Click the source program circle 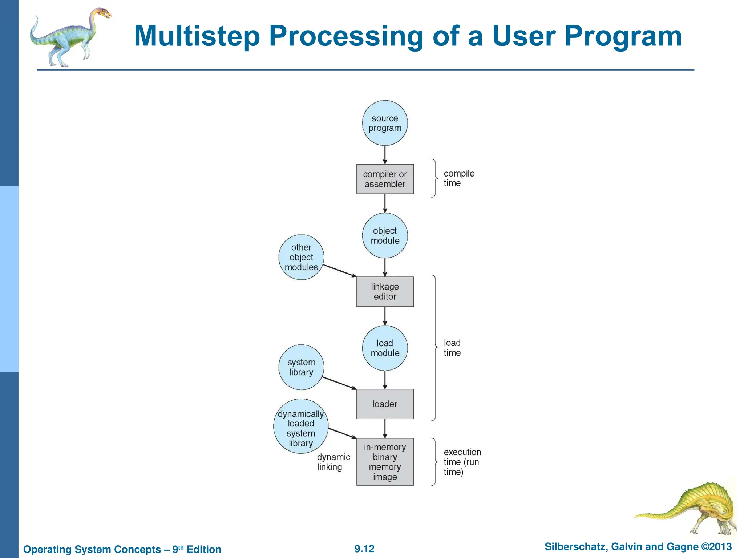[x=385, y=123]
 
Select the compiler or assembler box [x=385, y=179]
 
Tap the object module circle [x=385, y=235]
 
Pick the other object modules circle [x=301, y=257]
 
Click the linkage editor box [x=385, y=292]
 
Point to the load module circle [x=385, y=348]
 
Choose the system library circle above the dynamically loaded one [x=301, y=367]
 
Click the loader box [x=385, y=404]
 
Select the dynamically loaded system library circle [x=301, y=426]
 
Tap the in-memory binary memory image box [x=385, y=462]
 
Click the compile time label [x=458, y=178]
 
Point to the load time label [x=452, y=348]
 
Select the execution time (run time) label [x=462, y=462]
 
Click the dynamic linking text [x=333, y=462]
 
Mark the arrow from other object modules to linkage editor [x=340, y=271]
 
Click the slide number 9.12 [x=364, y=549]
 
